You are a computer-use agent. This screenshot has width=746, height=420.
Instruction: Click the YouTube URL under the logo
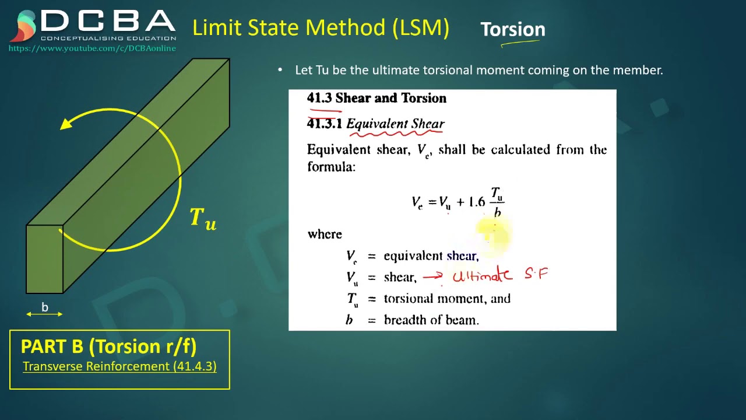click(x=92, y=48)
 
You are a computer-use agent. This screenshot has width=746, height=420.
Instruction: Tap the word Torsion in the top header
click(x=512, y=29)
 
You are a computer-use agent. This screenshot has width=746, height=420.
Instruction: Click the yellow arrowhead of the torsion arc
click(x=68, y=123)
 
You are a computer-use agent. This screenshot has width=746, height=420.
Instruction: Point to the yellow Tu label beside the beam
click(x=203, y=218)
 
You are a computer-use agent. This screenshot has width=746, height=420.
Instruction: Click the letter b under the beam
click(x=45, y=307)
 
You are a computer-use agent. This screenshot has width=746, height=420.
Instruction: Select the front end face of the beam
click(x=44, y=258)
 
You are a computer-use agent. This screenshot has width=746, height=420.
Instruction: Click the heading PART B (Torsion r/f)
click(x=108, y=346)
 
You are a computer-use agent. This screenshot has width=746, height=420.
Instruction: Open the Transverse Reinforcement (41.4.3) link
click(x=119, y=366)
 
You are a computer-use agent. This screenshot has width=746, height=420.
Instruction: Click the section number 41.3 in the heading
click(x=319, y=98)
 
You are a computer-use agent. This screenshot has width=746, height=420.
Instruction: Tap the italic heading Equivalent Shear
click(x=395, y=124)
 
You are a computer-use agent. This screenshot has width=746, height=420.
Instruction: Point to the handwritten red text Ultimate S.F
click(x=500, y=275)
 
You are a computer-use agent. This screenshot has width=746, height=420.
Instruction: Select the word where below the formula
click(x=325, y=235)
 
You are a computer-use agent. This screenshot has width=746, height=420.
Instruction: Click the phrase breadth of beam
click(x=431, y=320)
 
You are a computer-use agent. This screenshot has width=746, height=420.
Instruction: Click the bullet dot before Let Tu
click(x=280, y=70)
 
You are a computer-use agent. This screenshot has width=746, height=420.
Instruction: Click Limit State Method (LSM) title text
click(x=321, y=27)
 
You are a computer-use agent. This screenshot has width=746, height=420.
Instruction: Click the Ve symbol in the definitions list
click(x=351, y=256)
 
